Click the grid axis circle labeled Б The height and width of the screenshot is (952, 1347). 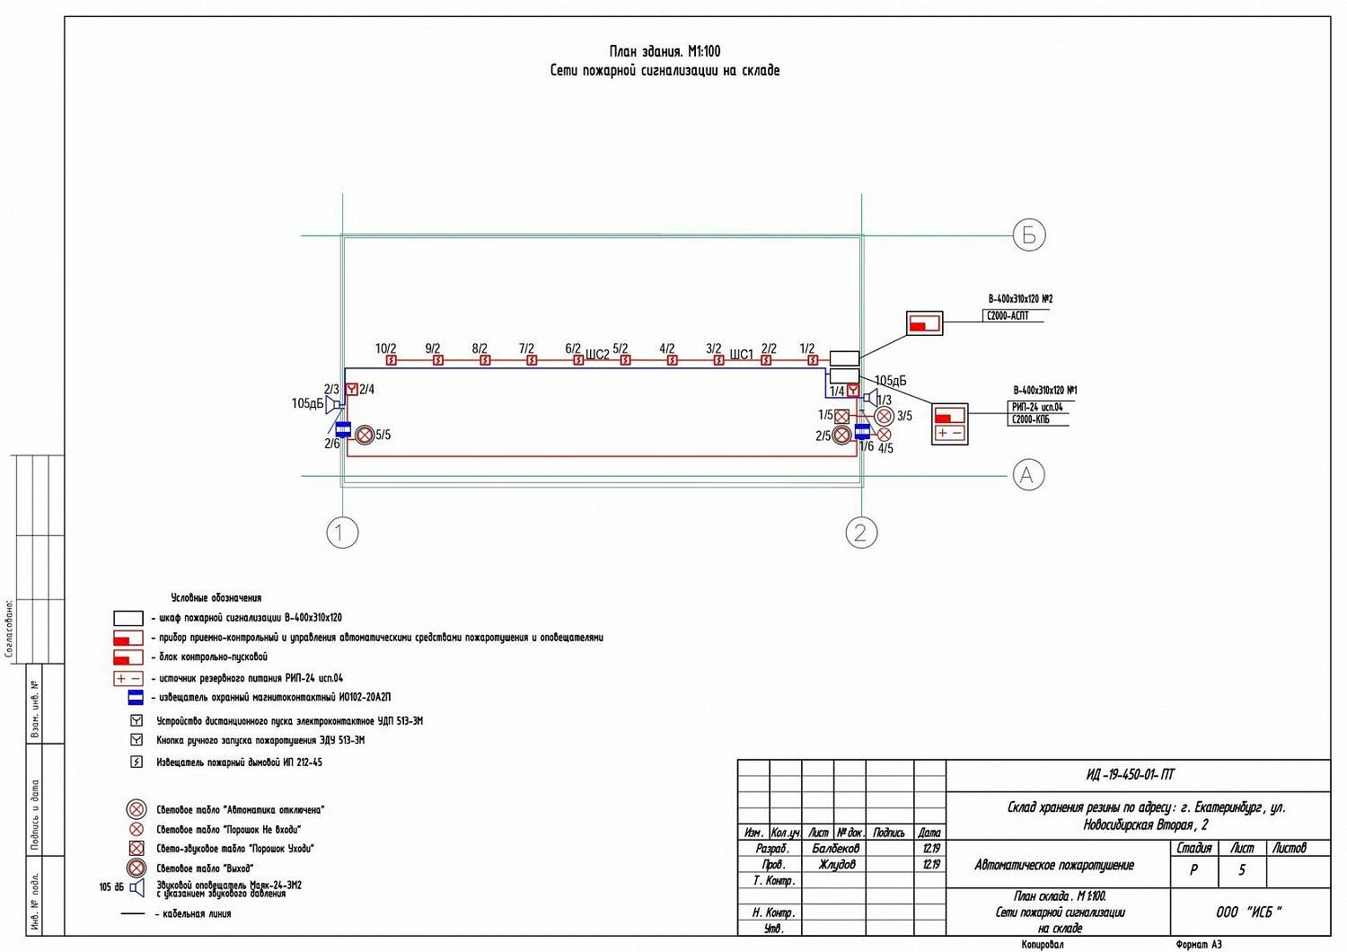[1029, 235]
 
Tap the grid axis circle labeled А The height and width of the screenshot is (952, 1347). [1028, 474]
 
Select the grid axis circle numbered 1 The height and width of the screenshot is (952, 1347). [341, 533]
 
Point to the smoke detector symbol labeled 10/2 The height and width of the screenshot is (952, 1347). [392, 360]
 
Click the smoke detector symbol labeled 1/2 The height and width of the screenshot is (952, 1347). [813, 360]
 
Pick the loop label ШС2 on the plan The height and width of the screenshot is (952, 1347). [597, 355]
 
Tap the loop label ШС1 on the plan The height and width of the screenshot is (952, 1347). [741, 355]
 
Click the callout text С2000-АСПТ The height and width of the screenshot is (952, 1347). [1008, 316]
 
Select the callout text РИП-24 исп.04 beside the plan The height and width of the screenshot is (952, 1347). [1037, 407]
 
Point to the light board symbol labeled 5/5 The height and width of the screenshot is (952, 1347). [365, 436]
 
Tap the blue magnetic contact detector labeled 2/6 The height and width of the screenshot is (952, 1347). [343, 429]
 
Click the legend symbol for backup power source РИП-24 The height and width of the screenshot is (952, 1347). [128, 678]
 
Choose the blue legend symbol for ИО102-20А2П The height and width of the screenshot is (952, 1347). [136, 697]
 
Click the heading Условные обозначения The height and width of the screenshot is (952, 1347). [216, 597]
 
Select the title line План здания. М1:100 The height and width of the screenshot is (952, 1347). [665, 52]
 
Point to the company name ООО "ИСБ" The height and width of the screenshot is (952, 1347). [1249, 912]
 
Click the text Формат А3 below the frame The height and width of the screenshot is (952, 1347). [1198, 944]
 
